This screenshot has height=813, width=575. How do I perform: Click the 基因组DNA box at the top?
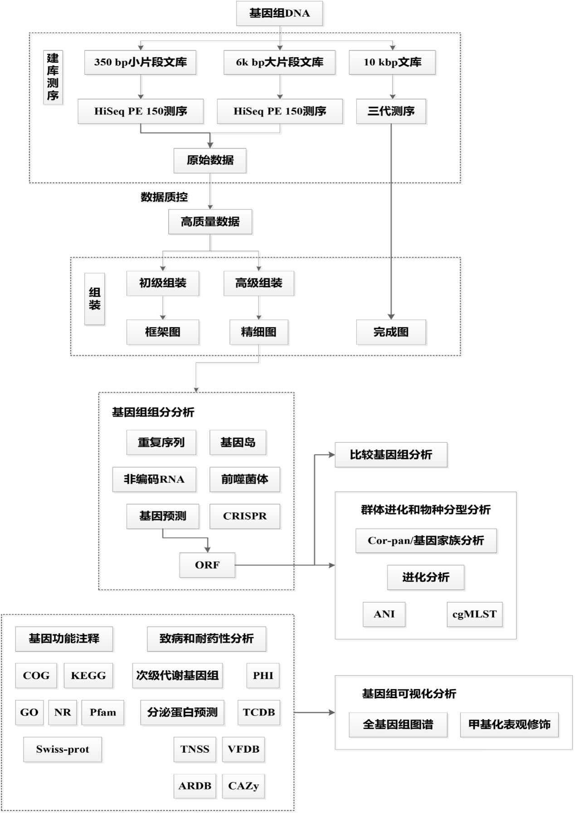[279, 14]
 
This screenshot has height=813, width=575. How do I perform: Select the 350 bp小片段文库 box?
[141, 62]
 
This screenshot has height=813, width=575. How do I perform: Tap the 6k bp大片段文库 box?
[279, 62]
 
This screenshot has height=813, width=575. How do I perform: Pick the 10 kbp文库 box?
[392, 62]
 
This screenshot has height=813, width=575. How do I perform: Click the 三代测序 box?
[391, 111]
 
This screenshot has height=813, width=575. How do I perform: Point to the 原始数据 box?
[210, 160]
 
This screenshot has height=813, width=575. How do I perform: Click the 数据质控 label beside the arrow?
[164, 197]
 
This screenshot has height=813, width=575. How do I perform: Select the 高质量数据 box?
[210, 222]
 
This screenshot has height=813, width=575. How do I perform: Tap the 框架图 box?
[163, 332]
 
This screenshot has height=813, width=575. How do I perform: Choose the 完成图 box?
[391, 332]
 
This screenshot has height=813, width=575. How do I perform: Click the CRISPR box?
[245, 516]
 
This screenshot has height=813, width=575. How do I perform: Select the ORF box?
[207, 565]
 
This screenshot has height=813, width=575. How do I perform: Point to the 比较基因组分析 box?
[391, 455]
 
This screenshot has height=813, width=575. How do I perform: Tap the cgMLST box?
[474, 614]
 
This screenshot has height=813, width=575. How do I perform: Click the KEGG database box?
[88, 676]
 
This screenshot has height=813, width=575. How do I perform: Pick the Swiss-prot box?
[63, 749]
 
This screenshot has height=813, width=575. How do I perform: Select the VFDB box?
[244, 749]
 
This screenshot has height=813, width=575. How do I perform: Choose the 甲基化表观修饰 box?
[509, 725]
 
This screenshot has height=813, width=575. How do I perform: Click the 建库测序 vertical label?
[53, 77]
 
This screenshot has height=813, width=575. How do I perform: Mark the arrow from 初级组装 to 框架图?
[163, 308]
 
